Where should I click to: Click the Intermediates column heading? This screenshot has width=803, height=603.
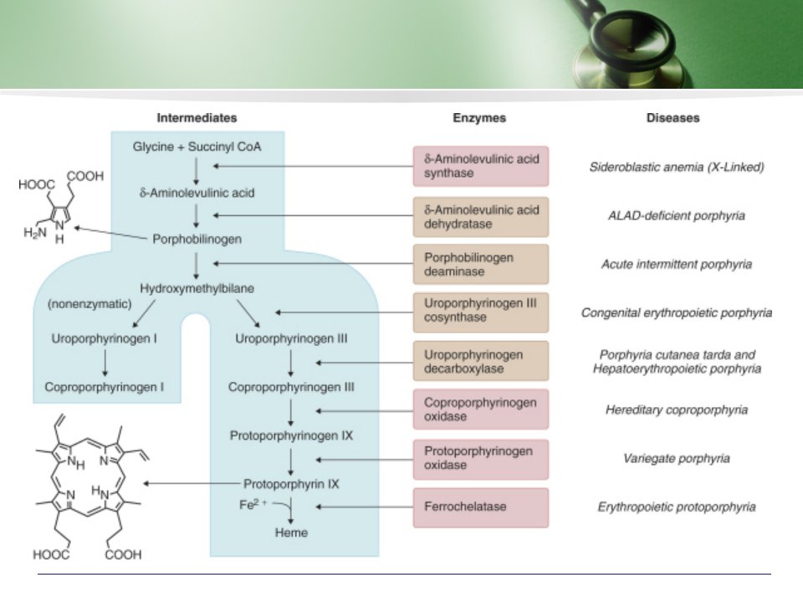click(x=197, y=118)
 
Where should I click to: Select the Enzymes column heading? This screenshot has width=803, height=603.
click(x=479, y=118)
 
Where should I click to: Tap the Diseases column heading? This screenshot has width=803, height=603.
click(x=673, y=118)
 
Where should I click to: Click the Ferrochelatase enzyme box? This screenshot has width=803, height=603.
click(x=481, y=508)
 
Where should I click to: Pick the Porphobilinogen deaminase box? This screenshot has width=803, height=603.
click(x=481, y=265)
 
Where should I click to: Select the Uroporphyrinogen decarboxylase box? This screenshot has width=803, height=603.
click(x=481, y=362)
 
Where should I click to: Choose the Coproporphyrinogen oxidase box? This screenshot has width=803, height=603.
click(x=481, y=410)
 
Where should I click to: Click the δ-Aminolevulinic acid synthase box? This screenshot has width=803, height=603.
click(x=481, y=166)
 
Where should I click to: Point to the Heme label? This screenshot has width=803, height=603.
click(x=291, y=533)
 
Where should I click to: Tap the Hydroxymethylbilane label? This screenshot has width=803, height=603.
click(x=197, y=289)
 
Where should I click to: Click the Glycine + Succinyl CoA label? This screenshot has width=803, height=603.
click(x=197, y=147)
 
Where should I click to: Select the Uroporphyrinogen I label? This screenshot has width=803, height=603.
click(x=104, y=339)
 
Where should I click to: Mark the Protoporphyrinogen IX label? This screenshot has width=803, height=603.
click(x=291, y=435)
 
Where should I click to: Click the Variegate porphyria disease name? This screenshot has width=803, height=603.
click(x=677, y=458)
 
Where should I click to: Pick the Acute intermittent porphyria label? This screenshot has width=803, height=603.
click(x=677, y=265)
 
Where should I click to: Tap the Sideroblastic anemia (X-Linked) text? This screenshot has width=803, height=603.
click(x=677, y=167)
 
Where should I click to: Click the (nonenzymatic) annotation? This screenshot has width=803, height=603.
click(x=90, y=304)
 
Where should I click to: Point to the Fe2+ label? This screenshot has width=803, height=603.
click(x=253, y=505)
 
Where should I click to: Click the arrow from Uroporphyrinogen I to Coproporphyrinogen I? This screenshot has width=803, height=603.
click(x=105, y=363)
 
